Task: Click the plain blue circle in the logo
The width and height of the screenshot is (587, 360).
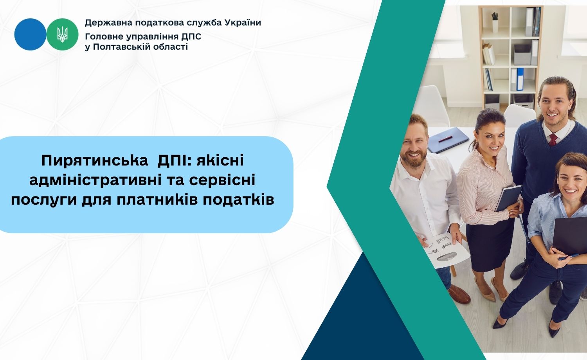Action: coord(30,34)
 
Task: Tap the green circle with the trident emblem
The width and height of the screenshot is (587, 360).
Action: coord(62,34)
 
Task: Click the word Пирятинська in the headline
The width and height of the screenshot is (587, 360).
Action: coord(95,161)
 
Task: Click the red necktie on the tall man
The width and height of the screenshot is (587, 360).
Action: coord(553,139)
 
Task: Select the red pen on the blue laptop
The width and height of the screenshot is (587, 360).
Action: coord(445,139)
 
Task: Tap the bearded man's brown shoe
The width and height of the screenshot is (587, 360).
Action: coord(459,294)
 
